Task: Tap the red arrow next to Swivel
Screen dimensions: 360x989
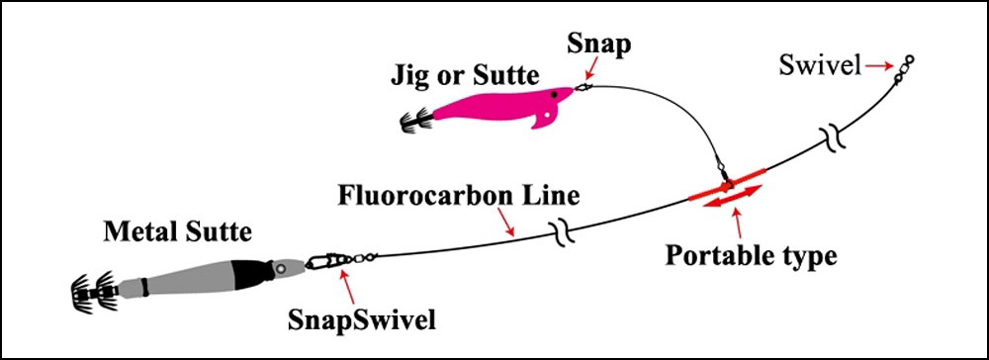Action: tap(878, 66)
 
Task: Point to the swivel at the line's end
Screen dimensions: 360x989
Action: tap(904, 68)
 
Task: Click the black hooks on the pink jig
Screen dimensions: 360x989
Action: tap(412, 122)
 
